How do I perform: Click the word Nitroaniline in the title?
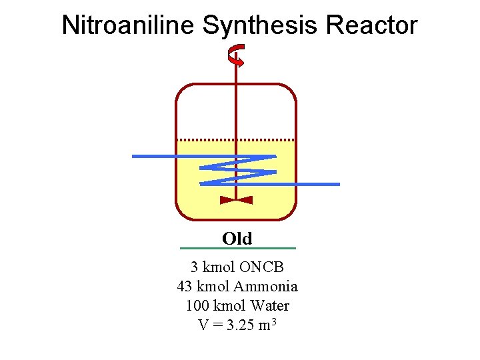(127, 25)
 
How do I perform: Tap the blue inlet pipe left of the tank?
(153, 156)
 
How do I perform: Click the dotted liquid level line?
(200, 139)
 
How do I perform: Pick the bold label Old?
(237, 238)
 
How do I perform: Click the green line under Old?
(238, 249)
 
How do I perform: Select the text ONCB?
(262, 267)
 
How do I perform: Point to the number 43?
(185, 287)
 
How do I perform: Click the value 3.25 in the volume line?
(238, 325)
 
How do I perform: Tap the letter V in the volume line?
(203, 325)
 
